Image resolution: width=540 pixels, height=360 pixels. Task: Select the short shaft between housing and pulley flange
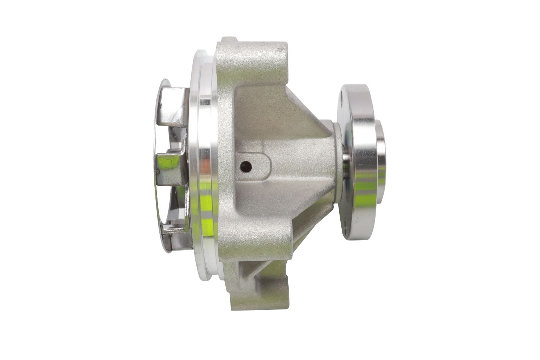346,163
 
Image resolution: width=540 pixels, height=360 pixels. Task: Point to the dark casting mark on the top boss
279,52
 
